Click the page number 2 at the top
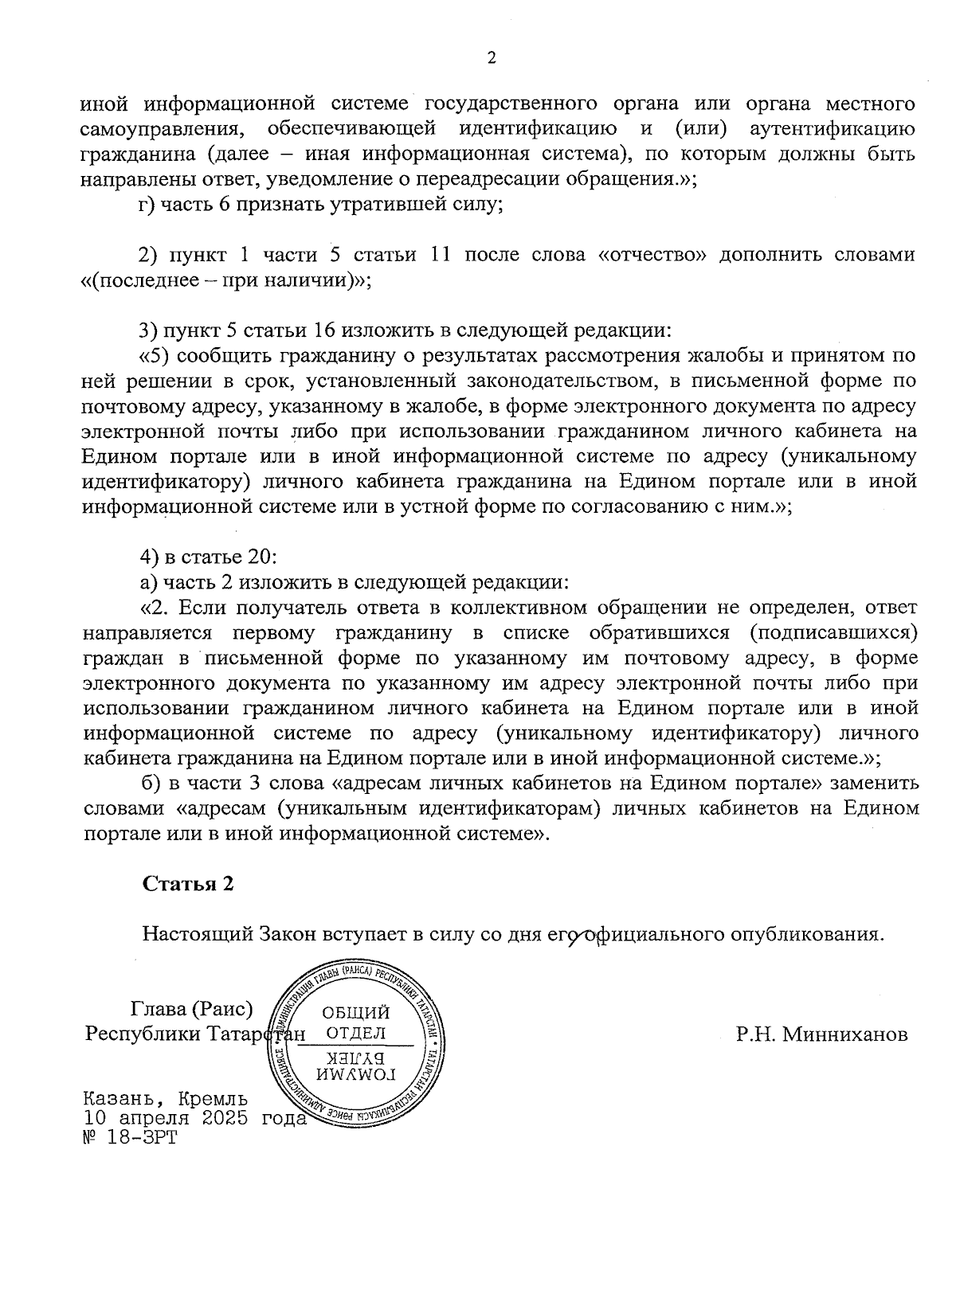[491, 59]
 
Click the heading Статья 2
[188, 884]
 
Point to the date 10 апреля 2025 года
[194, 1118]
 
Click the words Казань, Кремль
[166, 1100]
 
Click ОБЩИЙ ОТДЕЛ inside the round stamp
[355, 1023]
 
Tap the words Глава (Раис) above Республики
[191, 1009]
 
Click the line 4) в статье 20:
[207, 557]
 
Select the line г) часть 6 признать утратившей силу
[319, 205]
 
